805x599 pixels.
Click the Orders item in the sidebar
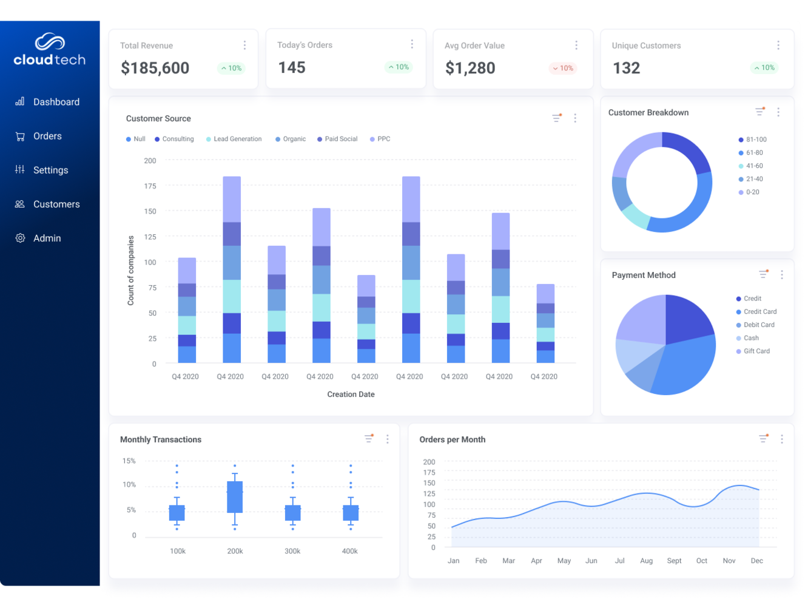(47, 136)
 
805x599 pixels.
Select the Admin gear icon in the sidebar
(20, 238)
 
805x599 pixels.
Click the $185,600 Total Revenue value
(155, 68)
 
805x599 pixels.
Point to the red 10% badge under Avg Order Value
(562, 68)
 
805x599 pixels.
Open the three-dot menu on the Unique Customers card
(778, 46)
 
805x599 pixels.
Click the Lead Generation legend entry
(237, 139)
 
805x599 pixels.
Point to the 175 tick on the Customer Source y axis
(150, 186)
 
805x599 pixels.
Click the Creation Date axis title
(351, 394)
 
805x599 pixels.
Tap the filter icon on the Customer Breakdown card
(760, 112)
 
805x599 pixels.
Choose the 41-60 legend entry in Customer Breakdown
(754, 166)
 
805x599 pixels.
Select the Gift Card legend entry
(756, 351)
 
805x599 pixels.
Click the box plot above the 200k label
(235, 496)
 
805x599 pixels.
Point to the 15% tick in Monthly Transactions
(129, 461)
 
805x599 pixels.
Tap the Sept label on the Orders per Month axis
(674, 561)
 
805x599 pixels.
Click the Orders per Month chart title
(452, 439)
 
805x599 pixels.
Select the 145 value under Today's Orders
(292, 67)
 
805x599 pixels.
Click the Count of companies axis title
(130, 270)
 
